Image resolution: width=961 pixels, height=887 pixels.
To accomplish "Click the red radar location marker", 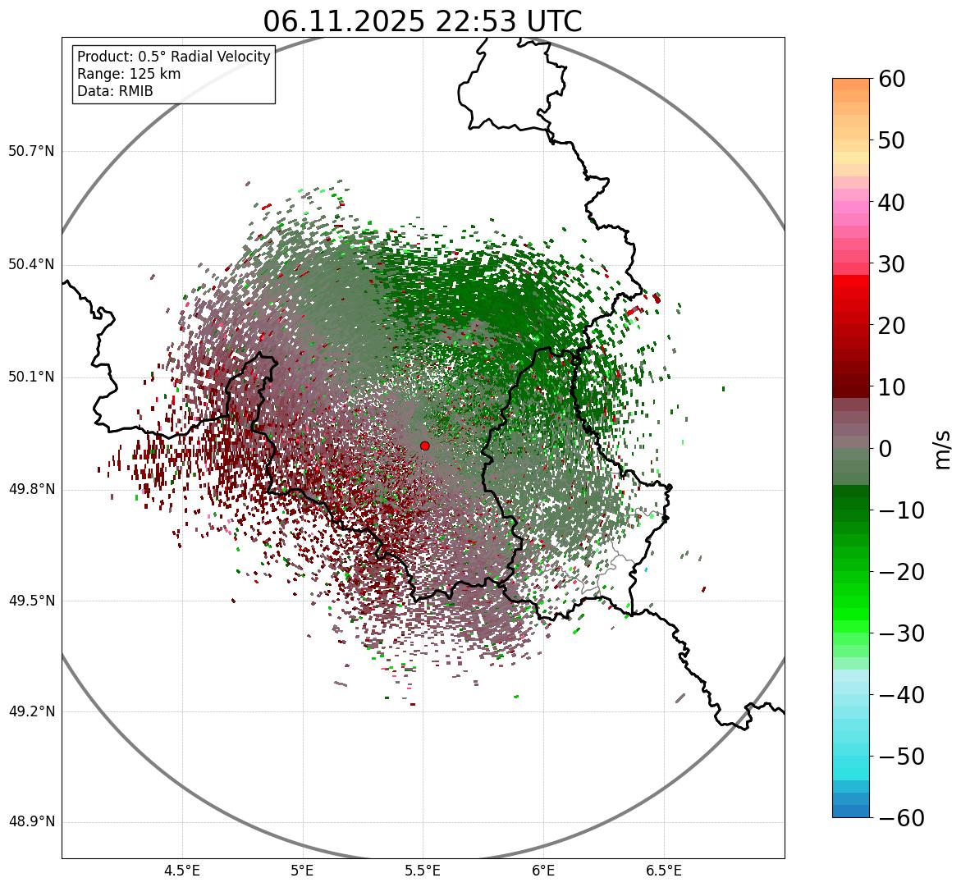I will (424, 446).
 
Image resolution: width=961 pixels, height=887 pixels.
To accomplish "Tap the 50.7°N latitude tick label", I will (31, 152).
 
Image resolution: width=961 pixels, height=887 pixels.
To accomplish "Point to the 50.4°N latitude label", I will (31, 264).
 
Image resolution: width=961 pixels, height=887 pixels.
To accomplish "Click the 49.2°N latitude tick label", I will (31, 711).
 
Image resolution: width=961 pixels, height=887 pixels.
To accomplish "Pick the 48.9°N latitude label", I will (31, 822).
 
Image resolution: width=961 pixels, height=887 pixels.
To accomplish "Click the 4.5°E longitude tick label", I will (182, 870).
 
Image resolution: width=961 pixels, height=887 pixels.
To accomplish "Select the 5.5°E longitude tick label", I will (423, 870).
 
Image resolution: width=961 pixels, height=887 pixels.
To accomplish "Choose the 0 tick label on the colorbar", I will (885, 449).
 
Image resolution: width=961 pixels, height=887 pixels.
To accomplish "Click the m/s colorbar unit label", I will (943, 449).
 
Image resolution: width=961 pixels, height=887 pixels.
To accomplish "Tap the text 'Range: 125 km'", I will (129, 74).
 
